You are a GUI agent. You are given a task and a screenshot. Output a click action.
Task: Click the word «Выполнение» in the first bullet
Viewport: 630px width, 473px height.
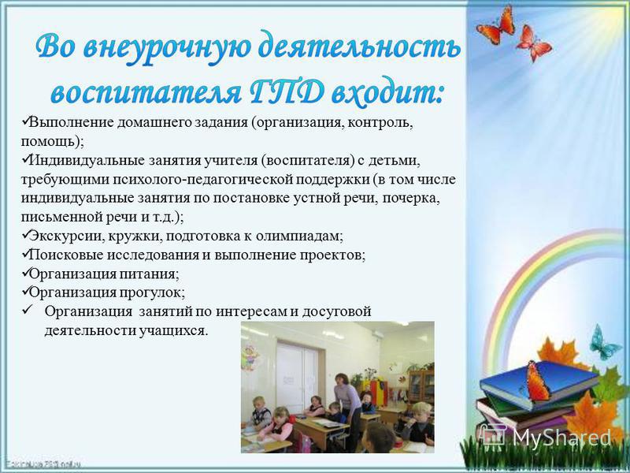click(72, 123)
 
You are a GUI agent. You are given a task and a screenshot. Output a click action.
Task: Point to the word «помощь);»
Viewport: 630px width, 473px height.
click(53, 142)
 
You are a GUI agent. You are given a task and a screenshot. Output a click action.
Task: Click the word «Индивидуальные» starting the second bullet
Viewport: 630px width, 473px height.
click(87, 161)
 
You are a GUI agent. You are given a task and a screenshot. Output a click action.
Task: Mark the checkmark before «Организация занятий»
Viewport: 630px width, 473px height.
click(28, 311)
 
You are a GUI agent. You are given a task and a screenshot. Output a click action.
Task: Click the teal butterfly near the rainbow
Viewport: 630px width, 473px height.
click(603, 343)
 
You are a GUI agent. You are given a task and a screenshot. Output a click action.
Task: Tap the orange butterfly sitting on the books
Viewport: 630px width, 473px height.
click(537, 382)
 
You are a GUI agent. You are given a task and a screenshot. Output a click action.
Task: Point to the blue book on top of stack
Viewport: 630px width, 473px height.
click(539, 382)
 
